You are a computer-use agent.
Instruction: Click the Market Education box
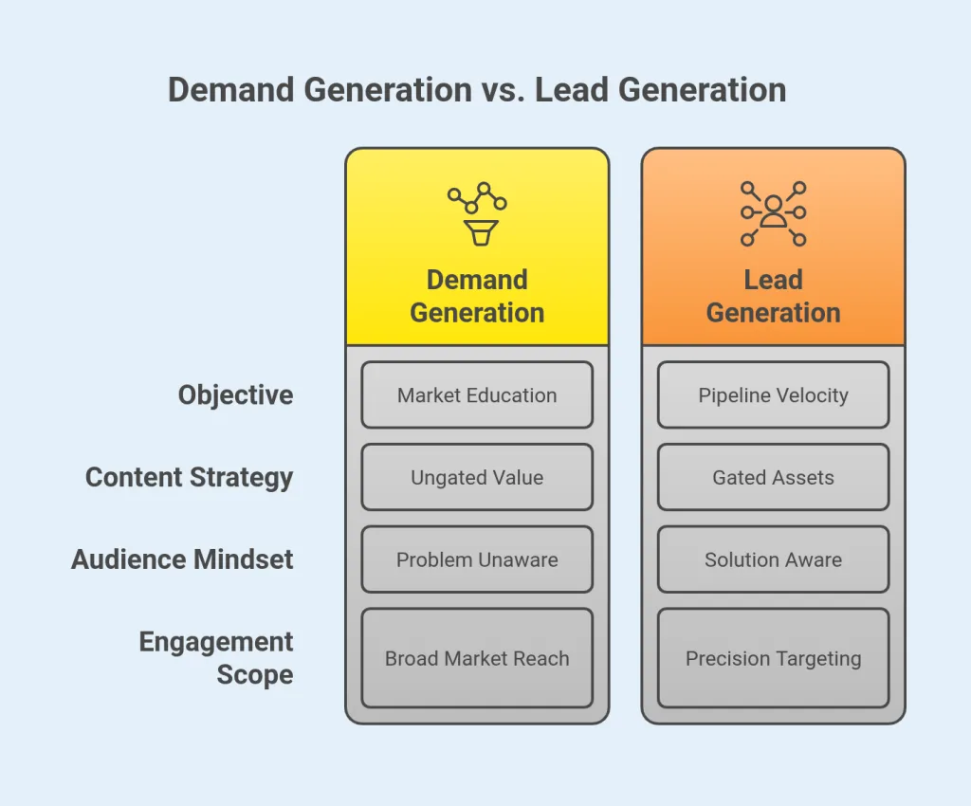[x=477, y=394]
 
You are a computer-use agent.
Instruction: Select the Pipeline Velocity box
[x=773, y=394]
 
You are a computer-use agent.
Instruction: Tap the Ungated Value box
[x=477, y=477]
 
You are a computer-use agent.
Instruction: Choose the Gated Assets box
[x=773, y=477]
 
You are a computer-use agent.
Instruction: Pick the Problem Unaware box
[x=477, y=559]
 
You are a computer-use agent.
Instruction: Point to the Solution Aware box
[x=773, y=559]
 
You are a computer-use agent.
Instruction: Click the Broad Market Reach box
[x=477, y=658]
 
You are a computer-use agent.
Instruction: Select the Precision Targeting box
[x=773, y=658]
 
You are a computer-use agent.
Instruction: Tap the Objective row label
[x=235, y=394]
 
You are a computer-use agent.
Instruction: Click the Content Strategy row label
[x=190, y=477]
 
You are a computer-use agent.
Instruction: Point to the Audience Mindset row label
[x=182, y=559]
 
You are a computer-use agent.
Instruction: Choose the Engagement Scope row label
[x=216, y=658]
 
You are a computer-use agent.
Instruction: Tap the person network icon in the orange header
[x=773, y=213]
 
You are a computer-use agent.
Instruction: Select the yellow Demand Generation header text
[x=477, y=296]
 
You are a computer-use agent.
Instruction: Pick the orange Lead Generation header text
[x=773, y=296]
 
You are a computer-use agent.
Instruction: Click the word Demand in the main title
[x=232, y=90]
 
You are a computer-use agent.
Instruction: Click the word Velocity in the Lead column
[x=810, y=394]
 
